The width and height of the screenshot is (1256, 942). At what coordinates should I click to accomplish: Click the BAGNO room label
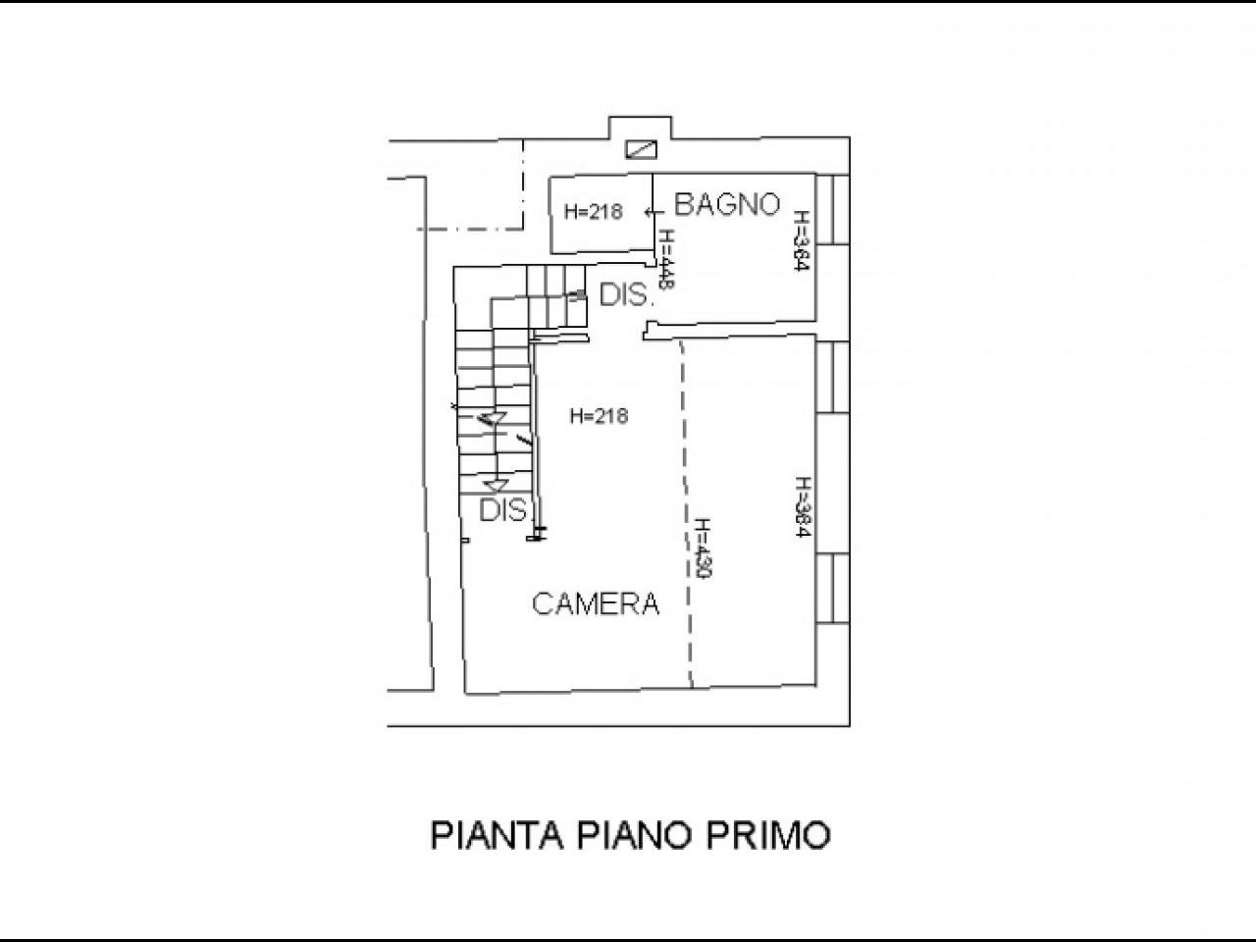point(727,204)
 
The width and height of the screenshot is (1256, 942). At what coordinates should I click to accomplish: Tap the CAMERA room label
point(596,604)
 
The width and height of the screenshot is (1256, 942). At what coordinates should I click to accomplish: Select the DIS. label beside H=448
point(625,295)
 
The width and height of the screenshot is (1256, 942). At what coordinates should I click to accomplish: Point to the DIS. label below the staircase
point(503,510)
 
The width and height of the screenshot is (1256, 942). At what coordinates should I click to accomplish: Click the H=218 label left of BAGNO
point(594,212)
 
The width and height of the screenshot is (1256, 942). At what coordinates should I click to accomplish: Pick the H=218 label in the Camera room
point(600,416)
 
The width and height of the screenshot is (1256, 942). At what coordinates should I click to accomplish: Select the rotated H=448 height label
point(666,260)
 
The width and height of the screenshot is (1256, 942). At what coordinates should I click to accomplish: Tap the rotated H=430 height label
point(703,549)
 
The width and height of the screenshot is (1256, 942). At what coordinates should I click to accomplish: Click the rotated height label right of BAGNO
point(801,241)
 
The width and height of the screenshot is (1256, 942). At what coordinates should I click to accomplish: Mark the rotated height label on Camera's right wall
point(804,507)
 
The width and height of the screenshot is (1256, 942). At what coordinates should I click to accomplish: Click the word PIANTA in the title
point(497,836)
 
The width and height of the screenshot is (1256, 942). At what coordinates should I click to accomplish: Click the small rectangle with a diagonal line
point(641,149)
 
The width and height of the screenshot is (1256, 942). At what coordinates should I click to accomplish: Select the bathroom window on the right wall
point(832,209)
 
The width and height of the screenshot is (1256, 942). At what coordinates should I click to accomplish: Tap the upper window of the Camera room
point(832,377)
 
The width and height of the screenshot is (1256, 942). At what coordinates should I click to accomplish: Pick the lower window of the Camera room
point(832,588)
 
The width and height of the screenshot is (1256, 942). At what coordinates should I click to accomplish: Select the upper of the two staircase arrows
point(492,418)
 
